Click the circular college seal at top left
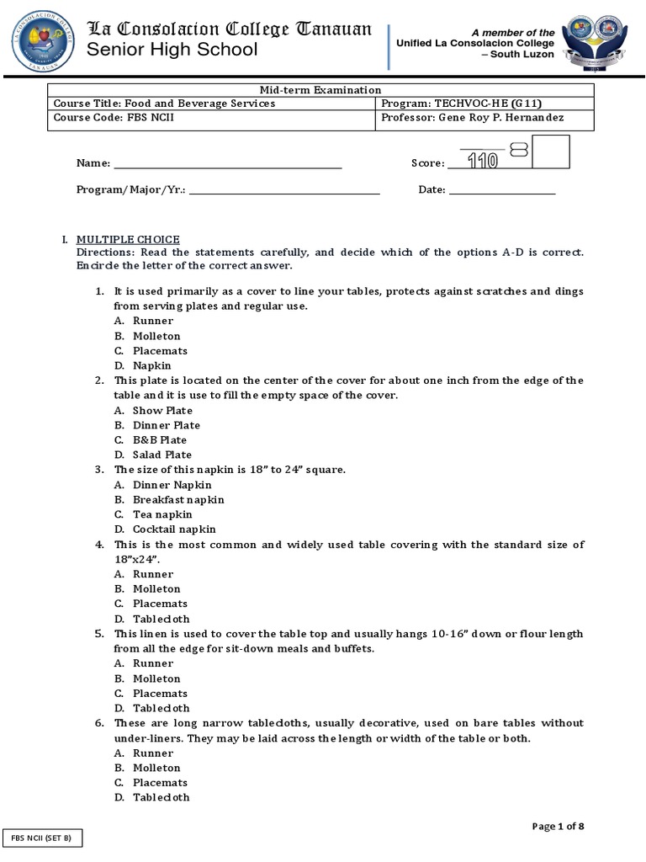[44, 41]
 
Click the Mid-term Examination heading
[320, 90]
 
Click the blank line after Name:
[227, 163]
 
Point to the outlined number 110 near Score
[482, 160]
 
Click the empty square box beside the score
[551, 152]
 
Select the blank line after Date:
[502, 190]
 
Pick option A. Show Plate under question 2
[154, 411]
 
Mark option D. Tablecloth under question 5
[152, 708]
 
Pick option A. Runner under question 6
[145, 753]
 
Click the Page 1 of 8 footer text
[558, 827]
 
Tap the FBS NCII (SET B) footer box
[41, 838]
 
